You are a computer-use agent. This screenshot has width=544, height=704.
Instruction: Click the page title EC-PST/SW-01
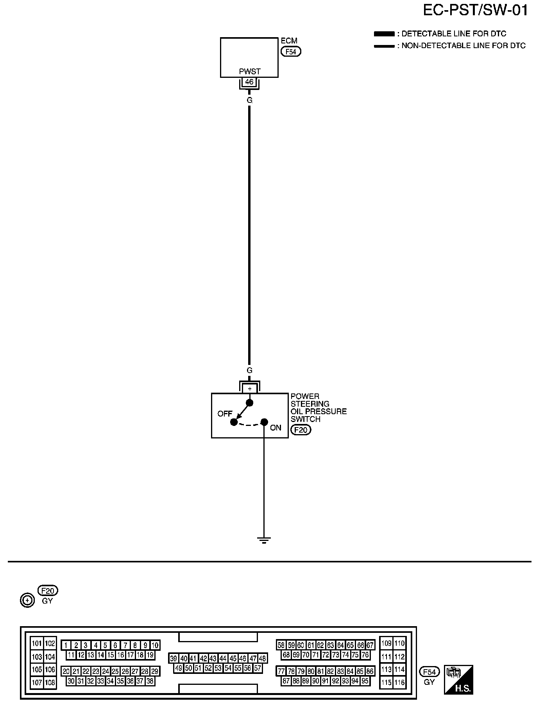475,11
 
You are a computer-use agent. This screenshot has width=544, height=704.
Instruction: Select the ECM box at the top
249,57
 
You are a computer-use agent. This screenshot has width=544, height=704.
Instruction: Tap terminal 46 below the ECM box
249,83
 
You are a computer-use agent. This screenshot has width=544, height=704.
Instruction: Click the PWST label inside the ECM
249,72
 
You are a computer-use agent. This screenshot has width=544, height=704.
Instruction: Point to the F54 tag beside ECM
291,51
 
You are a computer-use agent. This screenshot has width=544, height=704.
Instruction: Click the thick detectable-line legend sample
384,34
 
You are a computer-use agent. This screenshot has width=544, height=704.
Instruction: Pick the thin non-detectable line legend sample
384,46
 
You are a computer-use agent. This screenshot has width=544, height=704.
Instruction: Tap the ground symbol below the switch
264,541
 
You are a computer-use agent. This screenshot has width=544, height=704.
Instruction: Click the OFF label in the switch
225,413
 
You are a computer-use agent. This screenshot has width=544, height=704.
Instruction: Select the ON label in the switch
276,427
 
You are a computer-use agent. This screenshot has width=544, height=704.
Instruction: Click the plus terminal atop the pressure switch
249,389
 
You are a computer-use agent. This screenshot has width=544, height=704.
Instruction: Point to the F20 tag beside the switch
301,430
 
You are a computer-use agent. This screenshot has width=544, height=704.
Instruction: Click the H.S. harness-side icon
458,679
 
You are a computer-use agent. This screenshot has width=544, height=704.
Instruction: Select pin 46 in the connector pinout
243,658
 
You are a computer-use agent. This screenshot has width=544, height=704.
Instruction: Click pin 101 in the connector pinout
37,643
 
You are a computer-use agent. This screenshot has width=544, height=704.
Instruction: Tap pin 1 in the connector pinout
66,645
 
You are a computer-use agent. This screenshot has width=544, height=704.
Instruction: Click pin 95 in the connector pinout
365,681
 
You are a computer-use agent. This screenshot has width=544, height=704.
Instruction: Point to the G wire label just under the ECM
249,101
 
